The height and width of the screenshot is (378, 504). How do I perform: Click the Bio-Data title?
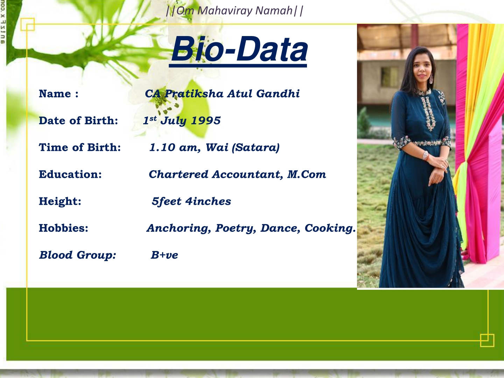point(239,49)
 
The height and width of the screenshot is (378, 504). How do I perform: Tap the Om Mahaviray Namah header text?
point(234,10)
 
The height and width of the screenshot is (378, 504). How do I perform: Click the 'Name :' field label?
point(58,94)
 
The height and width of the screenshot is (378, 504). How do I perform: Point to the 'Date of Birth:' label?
point(78,121)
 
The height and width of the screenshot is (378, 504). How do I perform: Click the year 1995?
point(206,121)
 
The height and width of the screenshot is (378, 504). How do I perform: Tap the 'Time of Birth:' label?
point(80,147)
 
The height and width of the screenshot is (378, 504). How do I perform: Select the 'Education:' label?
point(70,174)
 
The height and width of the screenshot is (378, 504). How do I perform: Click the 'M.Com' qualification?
point(307,174)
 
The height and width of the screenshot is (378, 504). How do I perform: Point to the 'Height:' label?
point(60,201)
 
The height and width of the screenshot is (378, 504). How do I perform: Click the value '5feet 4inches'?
point(191,201)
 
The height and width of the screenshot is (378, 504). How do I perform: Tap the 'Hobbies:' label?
point(63,228)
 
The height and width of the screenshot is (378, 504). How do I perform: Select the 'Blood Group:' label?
point(77,255)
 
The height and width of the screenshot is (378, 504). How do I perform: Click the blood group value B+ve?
point(164,255)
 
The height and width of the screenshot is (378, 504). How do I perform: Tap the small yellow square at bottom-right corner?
point(487,340)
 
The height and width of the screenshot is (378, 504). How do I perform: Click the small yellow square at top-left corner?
point(28,24)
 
